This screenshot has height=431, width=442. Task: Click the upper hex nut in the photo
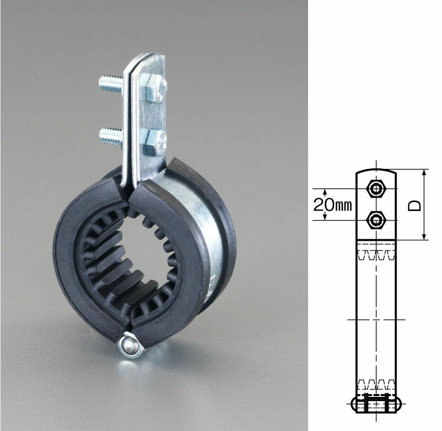click(154, 88)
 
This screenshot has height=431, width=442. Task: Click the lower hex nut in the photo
click(154, 142)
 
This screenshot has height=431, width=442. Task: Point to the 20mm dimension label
click(333, 205)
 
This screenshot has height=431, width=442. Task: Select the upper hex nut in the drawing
click(376, 189)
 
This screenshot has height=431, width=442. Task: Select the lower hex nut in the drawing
click(376, 220)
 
